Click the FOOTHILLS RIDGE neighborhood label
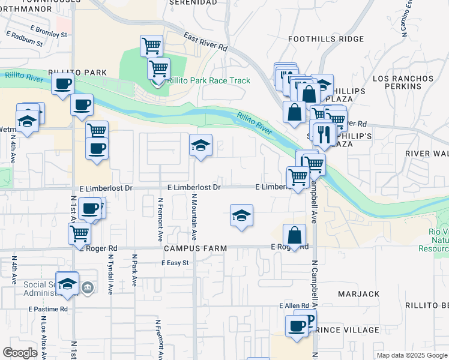click(x=326, y=39)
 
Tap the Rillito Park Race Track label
click(x=209, y=80)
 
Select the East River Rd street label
click(x=206, y=41)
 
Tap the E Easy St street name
click(x=175, y=263)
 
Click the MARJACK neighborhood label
click(x=359, y=294)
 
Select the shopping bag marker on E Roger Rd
click(x=294, y=235)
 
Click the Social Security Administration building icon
click(x=88, y=289)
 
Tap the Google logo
click(x=20, y=353)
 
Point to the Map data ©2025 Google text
click(x=412, y=355)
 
